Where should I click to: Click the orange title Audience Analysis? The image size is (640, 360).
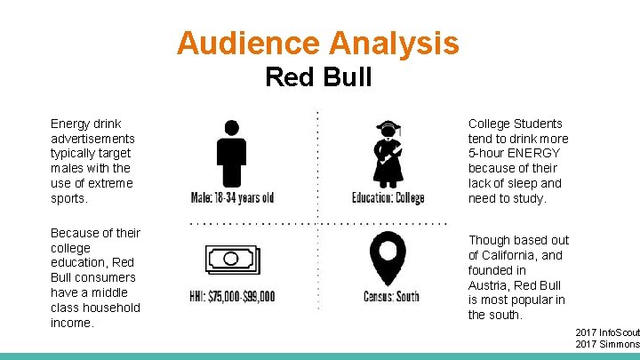(318, 43)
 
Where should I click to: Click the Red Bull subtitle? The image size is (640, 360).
(318, 77)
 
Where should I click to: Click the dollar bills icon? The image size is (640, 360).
(232, 260)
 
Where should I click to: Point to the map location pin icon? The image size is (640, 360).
(388, 259)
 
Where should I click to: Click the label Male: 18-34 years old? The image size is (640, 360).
(232, 197)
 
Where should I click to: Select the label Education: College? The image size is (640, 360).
(388, 197)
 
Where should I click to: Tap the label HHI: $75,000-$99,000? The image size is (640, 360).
(233, 296)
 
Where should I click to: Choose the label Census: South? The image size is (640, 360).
(391, 296)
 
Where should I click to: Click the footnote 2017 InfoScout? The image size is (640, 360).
(607, 332)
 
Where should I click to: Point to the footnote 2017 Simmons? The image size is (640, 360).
(607, 344)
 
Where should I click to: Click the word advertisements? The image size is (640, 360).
(92, 138)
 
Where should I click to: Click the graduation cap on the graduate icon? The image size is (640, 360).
(388, 126)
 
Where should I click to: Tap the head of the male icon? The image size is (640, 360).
(232, 126)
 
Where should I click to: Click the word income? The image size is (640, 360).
(71, 323)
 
